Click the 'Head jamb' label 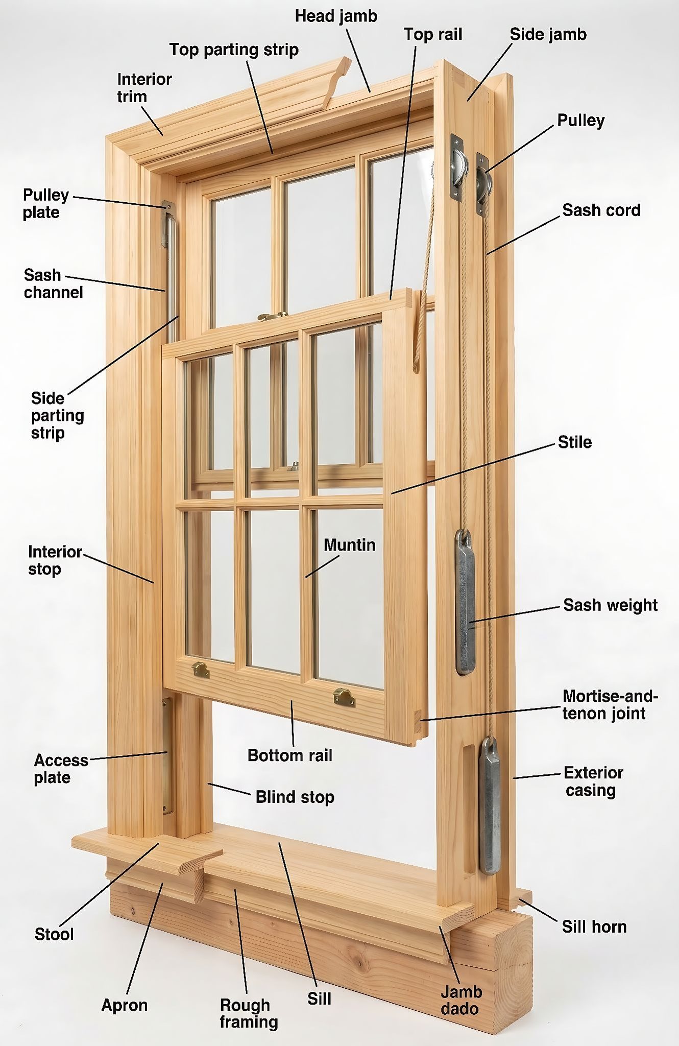(336, 16)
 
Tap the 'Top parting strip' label (234, 50)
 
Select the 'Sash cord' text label (601, 210)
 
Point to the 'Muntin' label (349, 545)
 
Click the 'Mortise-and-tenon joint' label (610, 704)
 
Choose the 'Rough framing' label (249, 1013)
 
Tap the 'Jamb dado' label (461, 1000)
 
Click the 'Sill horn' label (594, 926)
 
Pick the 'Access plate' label (61, 769)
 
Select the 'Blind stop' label (295, 797)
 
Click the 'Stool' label (54, 934)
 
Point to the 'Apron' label (124, 1005)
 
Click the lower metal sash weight (490, 805)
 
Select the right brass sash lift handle (345, 697)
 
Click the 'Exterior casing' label (593, 781)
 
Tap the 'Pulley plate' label (45, 203)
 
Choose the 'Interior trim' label (144, 87)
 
